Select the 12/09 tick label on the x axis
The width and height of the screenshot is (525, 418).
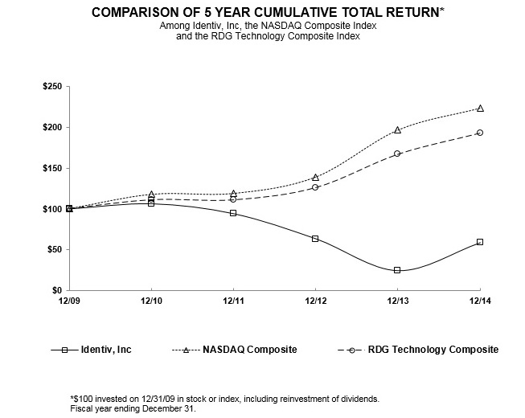point(69,301)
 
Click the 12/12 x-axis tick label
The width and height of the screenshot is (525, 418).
point(315,301)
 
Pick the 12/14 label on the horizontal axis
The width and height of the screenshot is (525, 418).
point(479,301)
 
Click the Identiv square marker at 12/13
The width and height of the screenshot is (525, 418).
point(397,270)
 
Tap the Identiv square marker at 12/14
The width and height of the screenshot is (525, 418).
point(479,241)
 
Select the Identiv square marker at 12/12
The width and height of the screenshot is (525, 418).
point(315,239)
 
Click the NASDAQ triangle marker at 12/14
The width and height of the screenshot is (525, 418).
point(479,108)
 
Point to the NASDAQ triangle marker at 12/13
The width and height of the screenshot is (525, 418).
point(397,129)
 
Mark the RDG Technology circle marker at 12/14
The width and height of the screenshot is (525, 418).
point(479,133)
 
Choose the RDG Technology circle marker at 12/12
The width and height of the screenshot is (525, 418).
point(315,186)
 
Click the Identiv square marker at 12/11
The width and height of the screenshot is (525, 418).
point(233,213)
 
